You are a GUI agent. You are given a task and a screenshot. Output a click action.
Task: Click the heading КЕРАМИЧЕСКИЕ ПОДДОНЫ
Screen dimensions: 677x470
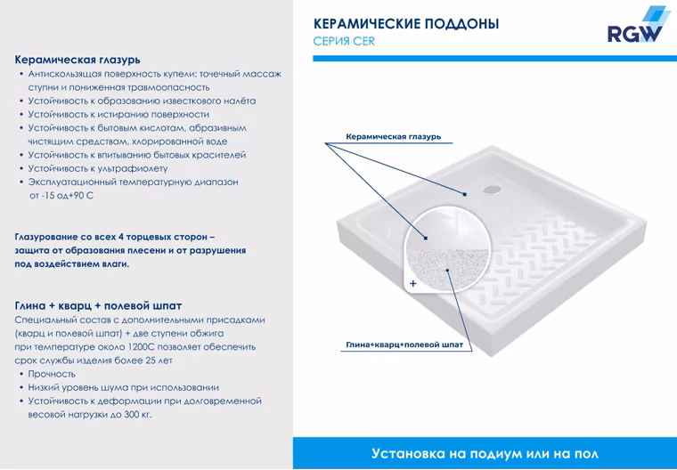pyautogui.click(x=406, y=24)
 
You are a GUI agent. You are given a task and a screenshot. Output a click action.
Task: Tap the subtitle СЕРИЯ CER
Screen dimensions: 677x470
pyautogui.click(x=344, y=42)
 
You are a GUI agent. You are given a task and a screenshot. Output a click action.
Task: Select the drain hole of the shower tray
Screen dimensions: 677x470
pyautogui.click(x=492, y=189)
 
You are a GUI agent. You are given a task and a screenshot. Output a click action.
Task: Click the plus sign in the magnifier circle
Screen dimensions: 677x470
pyautogui.click(x=413, y=284)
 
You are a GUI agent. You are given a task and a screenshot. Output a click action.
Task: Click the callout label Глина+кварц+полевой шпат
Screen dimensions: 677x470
pyautogui.click(x=404, y=344)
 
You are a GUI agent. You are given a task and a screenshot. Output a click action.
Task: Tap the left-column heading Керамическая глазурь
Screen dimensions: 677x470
pyautogui.click(x=77, y=60)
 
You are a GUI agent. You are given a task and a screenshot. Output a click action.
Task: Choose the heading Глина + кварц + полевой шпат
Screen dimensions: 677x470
pyautogui.click(x=99, y=305)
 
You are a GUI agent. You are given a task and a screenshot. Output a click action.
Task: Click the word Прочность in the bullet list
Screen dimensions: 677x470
pyautogui.click(x=52, y=374)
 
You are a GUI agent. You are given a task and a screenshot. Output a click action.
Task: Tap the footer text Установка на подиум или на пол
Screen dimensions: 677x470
pyautogui.click(x=485, y=454)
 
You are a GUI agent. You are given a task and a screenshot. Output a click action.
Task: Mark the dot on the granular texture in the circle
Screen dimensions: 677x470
pyautogui.click(x=448, y=271)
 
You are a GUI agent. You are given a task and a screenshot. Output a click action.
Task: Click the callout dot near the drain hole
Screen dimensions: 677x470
pyautogui.click(x=465, y=194)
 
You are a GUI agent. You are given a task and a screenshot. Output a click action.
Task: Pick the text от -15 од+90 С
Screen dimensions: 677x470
pyautogui.click(x=61, y=196)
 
